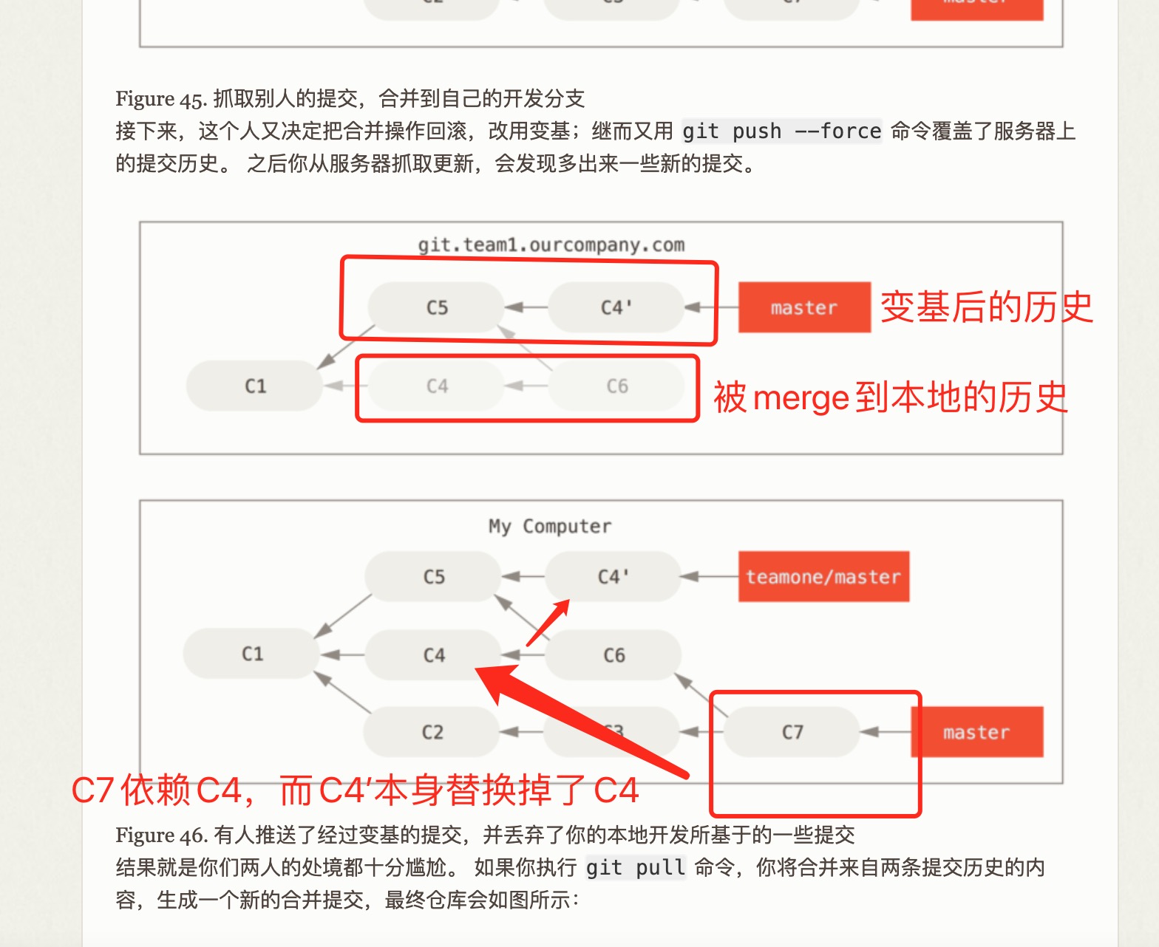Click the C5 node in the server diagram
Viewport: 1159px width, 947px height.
coord(436,307)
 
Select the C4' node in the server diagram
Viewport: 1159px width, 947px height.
coord(616,307)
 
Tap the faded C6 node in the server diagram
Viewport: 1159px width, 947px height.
coord(616,386)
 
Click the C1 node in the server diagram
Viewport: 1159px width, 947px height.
coord(255,386)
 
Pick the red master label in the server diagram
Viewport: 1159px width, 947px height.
coord(804,307)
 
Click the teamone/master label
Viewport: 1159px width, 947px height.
coord(823,577)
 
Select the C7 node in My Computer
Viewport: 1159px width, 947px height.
coord(792,732)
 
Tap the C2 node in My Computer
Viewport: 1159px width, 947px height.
coord(432,732)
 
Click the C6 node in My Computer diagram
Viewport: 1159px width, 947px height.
coord(614,655)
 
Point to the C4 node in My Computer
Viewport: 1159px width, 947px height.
coord(434,655)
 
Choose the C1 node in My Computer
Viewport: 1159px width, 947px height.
coord(252,654)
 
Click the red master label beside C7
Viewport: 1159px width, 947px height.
coord(976,732)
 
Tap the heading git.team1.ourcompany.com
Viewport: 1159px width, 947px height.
coord(551,245)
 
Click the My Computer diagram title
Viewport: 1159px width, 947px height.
coord(550,526)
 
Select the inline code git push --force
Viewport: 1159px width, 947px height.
coord(781,131)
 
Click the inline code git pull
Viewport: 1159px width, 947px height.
coord(635,867)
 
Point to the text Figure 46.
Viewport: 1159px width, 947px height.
coord(161,835)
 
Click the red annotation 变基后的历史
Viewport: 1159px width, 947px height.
coord(986,307)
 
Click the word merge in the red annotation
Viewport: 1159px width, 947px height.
coord(801,398)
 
